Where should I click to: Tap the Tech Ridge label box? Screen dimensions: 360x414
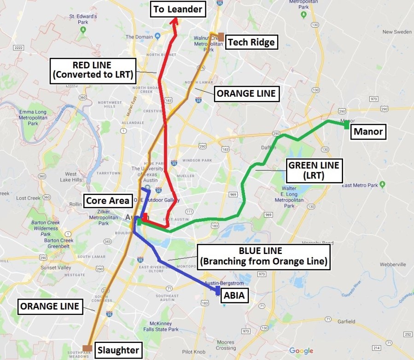coord(251,42)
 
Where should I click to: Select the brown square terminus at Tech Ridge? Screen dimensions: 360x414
coord(222,36)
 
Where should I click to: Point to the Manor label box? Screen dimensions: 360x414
coord(367,133)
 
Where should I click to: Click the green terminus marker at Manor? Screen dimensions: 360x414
coord(346,125)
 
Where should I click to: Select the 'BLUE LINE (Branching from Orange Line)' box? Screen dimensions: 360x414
coord(264,256)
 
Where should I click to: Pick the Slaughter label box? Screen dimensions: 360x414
coord(118,350)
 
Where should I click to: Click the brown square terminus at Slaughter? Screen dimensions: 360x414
coord(86,348)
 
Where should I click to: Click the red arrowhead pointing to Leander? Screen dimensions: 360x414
coord(175,22)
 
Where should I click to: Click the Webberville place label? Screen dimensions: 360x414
coord(393,265)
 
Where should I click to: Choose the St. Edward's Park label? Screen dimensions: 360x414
coord(83,19)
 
